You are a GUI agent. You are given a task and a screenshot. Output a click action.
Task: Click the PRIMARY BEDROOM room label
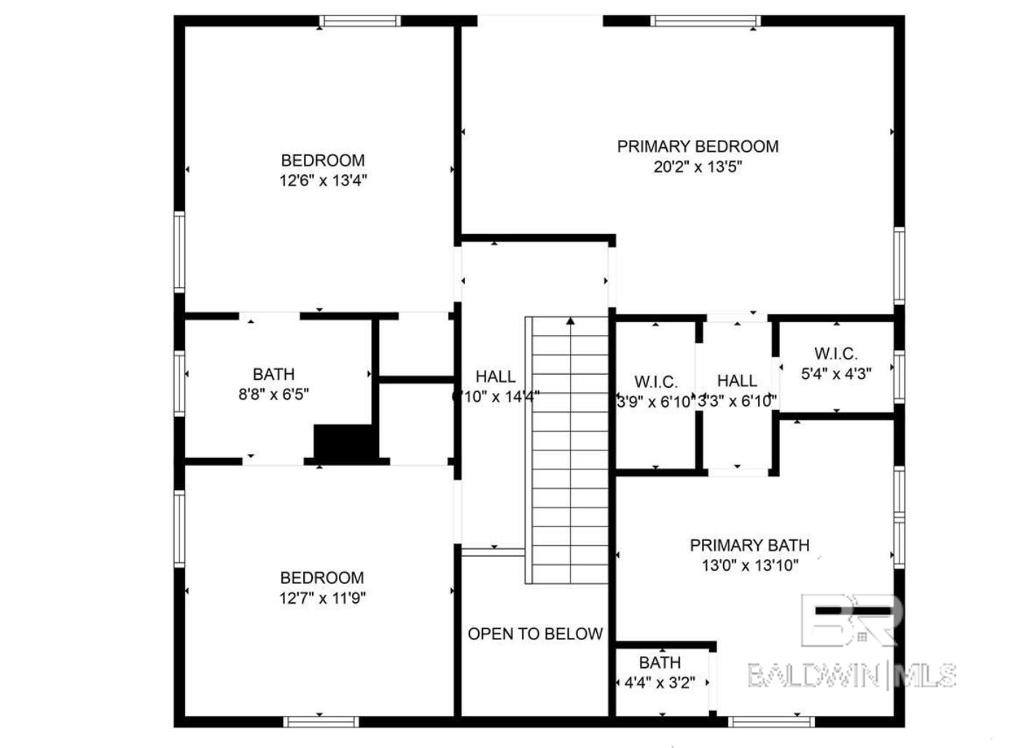tap(698, 147)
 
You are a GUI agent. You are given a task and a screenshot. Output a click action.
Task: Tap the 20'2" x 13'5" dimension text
tap(698, 167)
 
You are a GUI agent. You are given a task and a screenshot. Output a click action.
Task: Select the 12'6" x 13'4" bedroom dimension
tap(323, 181)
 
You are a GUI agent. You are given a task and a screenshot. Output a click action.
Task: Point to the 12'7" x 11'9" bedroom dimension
tap(322, 599)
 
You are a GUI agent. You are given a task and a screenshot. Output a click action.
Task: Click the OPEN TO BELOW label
tap(535, 634)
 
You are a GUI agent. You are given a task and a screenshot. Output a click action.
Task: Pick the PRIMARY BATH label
tap(749, 545)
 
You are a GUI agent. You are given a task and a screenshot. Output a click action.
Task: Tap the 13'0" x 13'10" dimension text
tap(750, 565)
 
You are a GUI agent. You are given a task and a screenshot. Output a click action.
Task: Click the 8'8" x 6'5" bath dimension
tap(273, 394)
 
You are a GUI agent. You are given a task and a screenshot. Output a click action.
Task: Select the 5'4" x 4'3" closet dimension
tap(836, 374)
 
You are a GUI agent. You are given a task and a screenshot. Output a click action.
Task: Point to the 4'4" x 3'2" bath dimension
tap(660, 683)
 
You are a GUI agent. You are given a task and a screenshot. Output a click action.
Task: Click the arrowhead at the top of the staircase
tap(571, 320)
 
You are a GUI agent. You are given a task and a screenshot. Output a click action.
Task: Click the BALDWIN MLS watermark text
tap(851, 676)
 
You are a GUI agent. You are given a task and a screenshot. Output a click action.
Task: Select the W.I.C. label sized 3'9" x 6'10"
tap(656, 382)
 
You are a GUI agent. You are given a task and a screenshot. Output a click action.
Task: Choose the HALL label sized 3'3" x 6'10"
tap(737, 381)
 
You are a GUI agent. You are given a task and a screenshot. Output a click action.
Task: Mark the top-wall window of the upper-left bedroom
tap(361, 20)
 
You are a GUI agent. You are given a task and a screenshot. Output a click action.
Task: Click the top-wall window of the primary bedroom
tap(705, 20)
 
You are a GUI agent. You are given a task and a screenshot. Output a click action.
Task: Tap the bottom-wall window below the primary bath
tap(770, 722)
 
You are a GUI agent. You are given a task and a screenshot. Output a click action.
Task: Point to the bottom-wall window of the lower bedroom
tap(321, 722)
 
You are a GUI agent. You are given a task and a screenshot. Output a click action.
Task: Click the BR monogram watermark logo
tap(849, 620)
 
